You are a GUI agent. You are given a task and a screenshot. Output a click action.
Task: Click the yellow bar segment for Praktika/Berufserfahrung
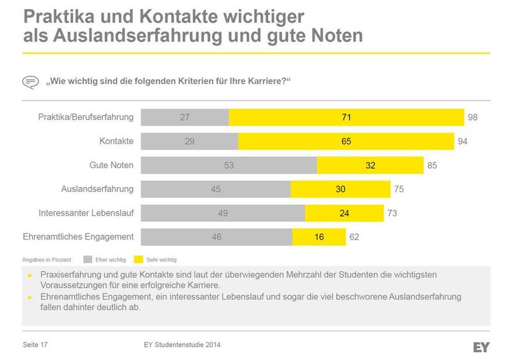pos(346,117)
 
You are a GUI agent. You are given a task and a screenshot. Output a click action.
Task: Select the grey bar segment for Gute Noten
pos(228,165)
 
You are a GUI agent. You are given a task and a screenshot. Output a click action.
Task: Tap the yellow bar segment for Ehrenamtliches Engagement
pos(319,237)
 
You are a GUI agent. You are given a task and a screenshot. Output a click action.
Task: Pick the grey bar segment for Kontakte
pos(189,141)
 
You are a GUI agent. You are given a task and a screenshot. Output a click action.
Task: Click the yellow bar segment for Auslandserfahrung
pos(340,189)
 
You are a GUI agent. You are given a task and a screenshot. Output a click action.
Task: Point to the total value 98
pos(472,117)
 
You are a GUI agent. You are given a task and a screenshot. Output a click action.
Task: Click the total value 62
pos(354,237)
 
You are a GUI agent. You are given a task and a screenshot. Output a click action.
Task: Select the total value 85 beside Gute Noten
pos(432,165)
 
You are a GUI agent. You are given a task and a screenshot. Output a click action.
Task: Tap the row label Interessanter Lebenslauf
pos(86,213)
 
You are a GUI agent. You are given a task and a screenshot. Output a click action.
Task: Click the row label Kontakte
pos(116,141)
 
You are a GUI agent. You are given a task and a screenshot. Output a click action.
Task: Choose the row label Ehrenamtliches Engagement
pos(78,237)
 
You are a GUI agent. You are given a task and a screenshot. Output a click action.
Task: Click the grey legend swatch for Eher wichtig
pos(89,260)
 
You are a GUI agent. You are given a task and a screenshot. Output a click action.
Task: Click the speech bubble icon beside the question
pos(30,82)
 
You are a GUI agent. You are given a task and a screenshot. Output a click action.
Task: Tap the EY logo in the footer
pos(481,347)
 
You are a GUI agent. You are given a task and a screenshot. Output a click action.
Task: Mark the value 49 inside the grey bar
pos(223,213)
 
